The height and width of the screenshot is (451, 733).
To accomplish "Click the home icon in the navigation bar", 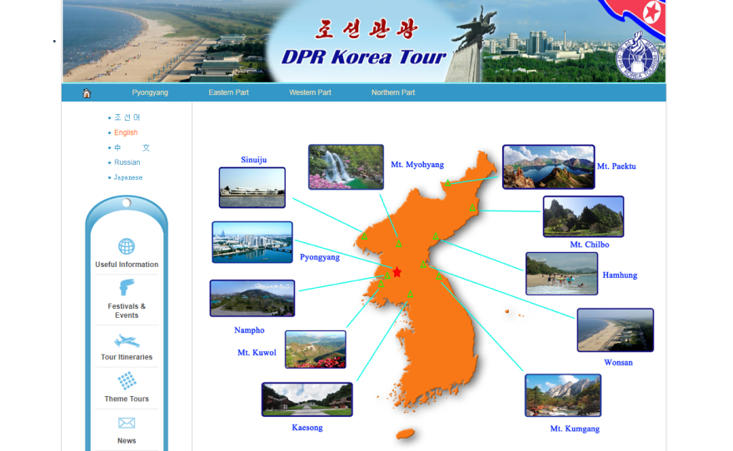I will click(87, 93).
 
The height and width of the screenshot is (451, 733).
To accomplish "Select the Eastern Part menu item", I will click(228, 92).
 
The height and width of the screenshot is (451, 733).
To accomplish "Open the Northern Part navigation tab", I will click(393, 92).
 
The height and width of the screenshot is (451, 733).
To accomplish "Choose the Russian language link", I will click(127, 162).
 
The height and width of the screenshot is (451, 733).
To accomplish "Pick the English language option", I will click(126, 132).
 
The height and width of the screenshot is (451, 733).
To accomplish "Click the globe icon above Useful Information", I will click(127, 246).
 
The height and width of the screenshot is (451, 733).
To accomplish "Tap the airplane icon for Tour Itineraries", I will click(127, 341).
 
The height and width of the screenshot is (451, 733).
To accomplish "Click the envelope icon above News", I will click(127, 424).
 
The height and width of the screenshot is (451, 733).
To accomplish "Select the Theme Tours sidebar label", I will click(127, 399).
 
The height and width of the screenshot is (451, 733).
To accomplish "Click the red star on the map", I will click(397, 272).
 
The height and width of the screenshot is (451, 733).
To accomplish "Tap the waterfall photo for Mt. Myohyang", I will click(346, 167).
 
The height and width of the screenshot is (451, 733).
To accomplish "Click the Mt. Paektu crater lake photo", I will click(548, 166).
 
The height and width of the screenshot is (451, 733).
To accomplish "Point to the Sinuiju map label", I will click(254, 160).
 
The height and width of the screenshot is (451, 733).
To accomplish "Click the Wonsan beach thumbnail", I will click(615, 330).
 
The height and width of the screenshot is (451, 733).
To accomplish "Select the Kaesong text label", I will click(307, 428).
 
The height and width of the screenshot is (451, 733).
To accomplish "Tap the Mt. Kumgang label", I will click(575, 429).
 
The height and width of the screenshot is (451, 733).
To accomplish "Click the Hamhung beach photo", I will click(561, 274).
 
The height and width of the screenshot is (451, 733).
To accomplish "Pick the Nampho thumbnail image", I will click(252, 298).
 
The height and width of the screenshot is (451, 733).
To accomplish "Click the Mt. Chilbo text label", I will click(590, 245).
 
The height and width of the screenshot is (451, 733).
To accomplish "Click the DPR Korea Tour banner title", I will click(363, 57).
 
